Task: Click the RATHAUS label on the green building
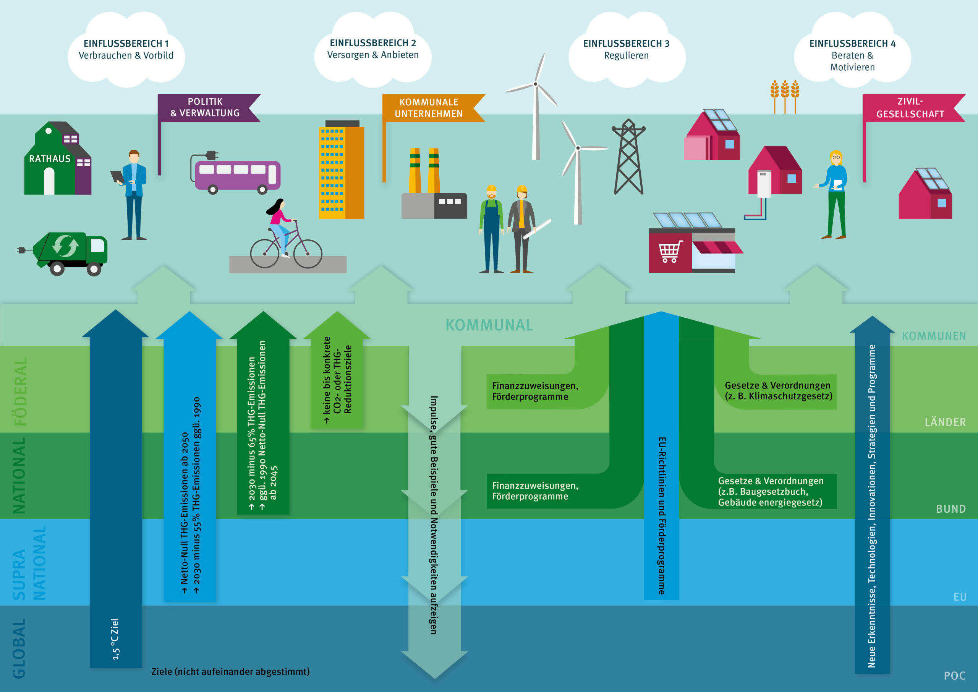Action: (49, 159)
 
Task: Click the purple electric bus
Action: (237, 175)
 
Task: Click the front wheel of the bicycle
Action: (308, 254)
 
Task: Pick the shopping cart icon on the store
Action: (670, 252)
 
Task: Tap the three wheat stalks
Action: (785, 96)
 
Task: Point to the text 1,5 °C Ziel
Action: (115, 639)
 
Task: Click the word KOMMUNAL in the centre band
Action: (489, 325)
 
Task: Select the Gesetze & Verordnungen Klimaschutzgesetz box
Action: (778, 391)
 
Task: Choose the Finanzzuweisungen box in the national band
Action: (535, 491)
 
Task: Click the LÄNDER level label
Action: (945, 422)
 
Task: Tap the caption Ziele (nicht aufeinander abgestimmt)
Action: (230, 671)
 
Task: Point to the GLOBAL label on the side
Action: (19, 648)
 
